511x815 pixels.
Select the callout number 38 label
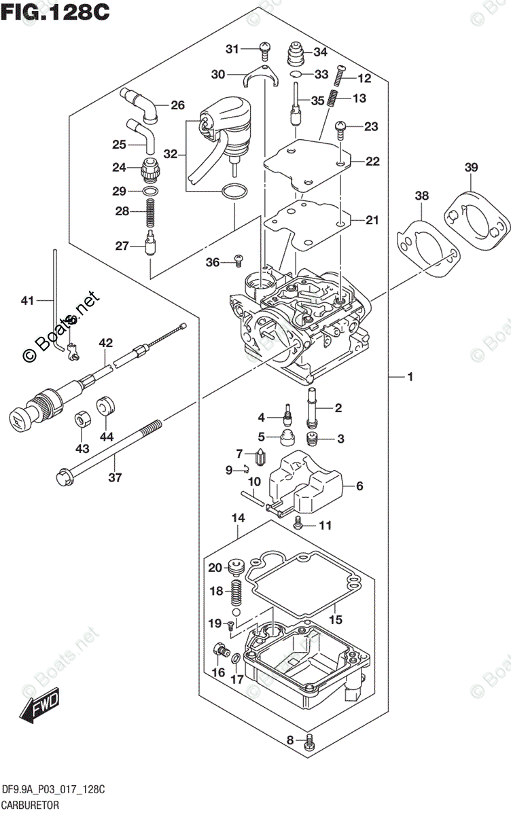coord(423,196)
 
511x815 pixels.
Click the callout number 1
coord(410,376)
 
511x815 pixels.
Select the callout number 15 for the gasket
coord(336,619)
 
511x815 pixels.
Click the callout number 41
coord(27,300)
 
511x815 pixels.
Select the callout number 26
coord(177,105)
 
